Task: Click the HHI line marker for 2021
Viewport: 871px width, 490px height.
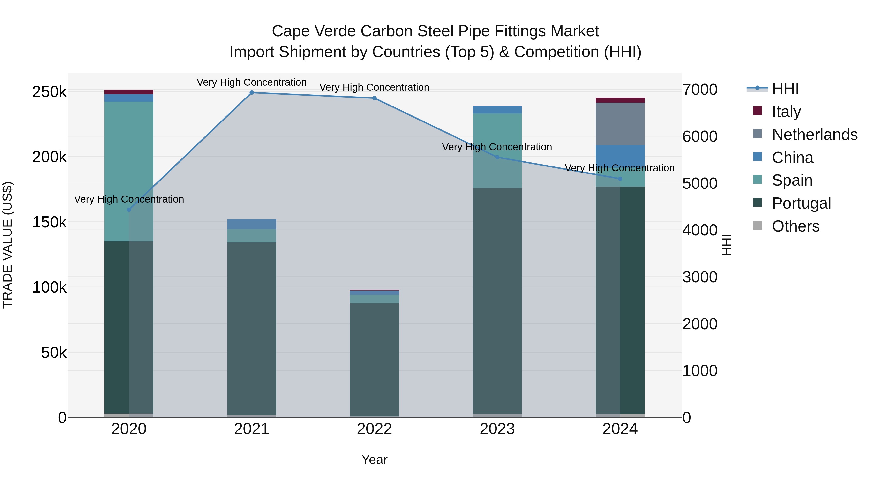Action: point(252,93)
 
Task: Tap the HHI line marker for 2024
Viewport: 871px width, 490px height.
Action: point(620,179)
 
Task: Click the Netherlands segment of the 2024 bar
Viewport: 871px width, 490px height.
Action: point(620,124)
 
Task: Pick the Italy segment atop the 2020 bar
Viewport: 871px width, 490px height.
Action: point(129,92)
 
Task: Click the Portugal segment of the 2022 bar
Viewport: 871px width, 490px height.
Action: point(374,358)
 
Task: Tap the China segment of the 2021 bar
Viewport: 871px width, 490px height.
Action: point(252,224)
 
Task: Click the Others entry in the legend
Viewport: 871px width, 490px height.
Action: point(795,226)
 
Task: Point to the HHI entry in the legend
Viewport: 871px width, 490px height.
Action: point(785,89)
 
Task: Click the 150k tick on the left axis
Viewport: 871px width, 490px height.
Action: point(49,223)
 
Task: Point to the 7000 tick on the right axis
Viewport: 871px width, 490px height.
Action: point(699,90)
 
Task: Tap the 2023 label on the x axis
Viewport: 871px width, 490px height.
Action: point(497,429)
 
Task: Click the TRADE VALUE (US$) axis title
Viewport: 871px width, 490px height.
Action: point(8,245)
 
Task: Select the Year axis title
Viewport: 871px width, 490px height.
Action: point(374,460)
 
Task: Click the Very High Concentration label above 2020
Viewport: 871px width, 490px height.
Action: point(129,199)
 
